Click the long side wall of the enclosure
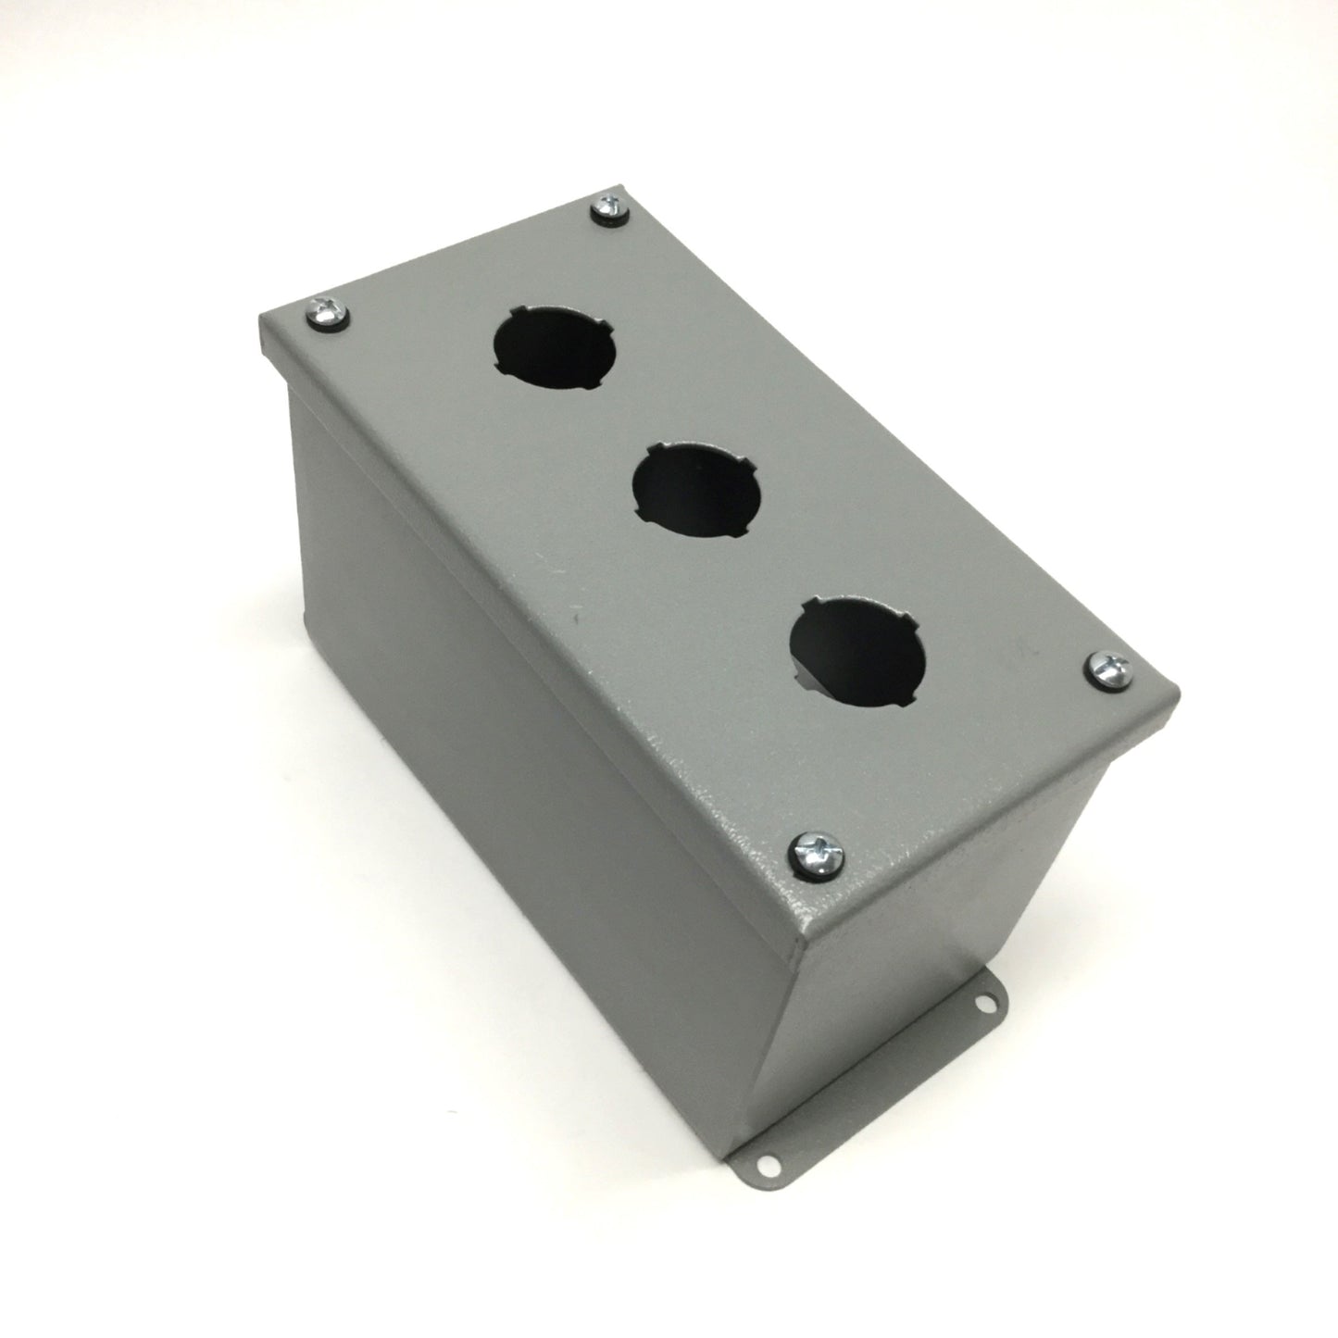point(519,806)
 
